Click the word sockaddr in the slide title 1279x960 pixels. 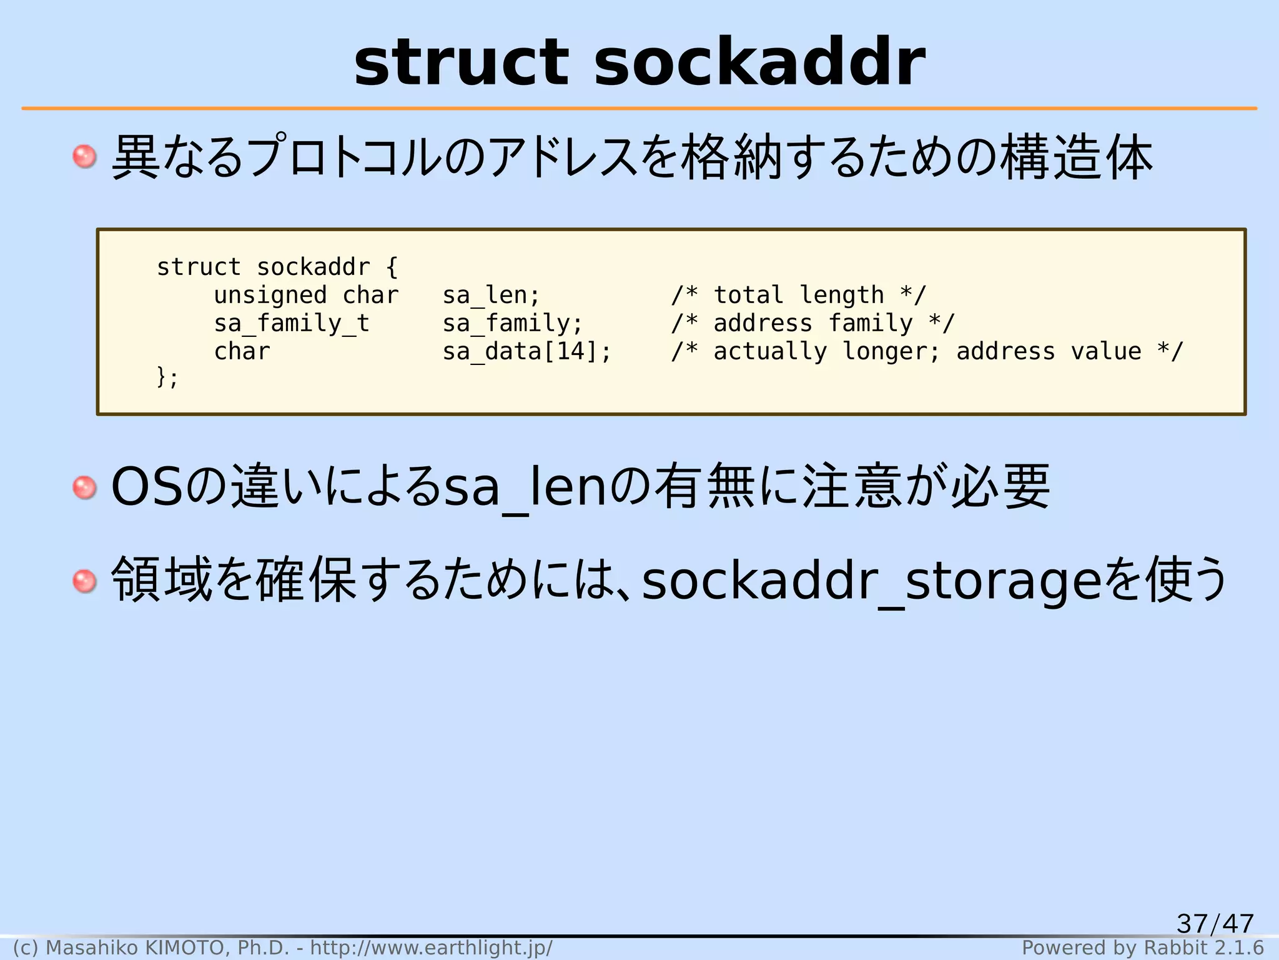(759, 62)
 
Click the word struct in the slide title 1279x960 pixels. (462, 62)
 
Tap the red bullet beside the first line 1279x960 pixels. (84, 156)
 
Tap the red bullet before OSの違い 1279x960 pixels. (84, 487)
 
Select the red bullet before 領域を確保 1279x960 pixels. (84, 581)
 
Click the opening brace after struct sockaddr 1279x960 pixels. (392, 267)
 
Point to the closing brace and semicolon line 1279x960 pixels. (167, 377)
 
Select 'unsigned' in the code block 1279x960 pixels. (270, 296)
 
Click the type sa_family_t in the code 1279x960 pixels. (291, 324)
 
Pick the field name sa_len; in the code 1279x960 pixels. (491, 296)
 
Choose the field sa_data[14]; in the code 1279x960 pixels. (526, 352)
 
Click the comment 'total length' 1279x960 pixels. (798, 296)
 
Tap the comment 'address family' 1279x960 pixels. (812, 324)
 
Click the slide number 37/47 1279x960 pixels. (1215, 923)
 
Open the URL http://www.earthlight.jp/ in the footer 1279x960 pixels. (431, 947)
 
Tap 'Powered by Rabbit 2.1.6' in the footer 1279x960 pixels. (1142, 947)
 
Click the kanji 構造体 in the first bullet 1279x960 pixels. (1077, 157)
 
